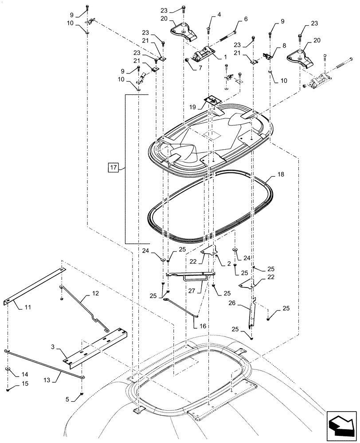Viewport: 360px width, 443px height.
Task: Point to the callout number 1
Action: click(225, 57)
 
